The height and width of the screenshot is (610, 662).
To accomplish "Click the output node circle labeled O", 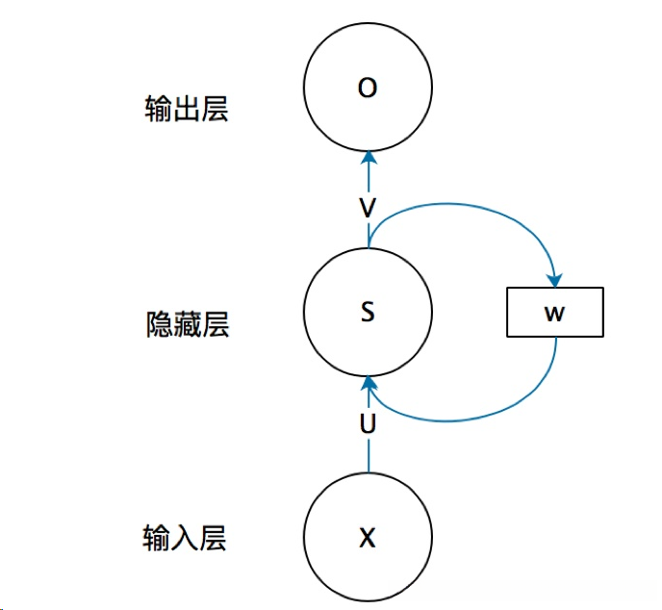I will (367, 89).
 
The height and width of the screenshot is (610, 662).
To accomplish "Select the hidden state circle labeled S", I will (367, 312).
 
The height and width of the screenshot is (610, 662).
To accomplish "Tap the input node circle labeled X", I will (367, 537).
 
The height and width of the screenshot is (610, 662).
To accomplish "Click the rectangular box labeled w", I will (555, 312).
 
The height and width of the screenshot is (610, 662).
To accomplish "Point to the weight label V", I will (367, 207).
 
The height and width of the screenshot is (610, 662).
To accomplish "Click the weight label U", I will (367, 424).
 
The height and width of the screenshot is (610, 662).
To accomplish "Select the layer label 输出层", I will (186, 109).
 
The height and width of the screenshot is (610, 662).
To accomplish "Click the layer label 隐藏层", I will (186, 324).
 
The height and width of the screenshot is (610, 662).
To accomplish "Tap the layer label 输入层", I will (186, 537).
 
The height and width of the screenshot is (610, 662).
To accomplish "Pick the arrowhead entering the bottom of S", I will (367, 386).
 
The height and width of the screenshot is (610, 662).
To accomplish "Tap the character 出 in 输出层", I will (186, 109).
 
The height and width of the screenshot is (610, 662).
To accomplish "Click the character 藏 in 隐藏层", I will (186, 324).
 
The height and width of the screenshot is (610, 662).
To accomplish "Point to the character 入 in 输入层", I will (186, 537).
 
